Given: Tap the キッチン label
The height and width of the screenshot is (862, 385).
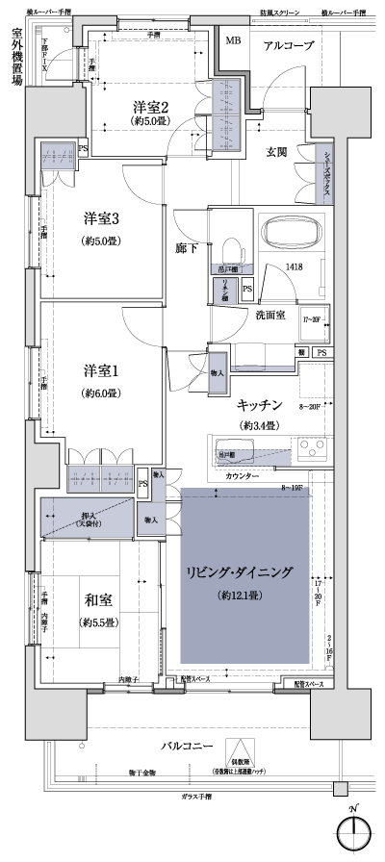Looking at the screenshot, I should point(259,405).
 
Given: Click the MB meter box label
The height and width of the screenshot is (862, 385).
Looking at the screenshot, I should point(233,40).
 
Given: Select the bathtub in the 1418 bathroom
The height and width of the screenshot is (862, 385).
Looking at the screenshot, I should point(274,233).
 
